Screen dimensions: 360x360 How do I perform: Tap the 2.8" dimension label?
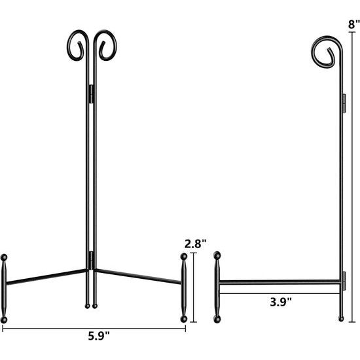[196, 243]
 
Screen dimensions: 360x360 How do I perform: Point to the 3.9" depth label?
[281, 301]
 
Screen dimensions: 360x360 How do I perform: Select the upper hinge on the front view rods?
[91, 94]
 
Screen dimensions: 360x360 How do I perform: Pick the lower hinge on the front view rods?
[91, 261]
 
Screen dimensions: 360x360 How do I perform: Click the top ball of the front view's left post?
[5, 256]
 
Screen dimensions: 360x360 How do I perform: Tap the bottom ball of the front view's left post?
[5, 319]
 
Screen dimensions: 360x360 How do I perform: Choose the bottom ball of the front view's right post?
[184, 319]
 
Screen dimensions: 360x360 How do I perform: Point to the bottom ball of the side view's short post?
[218, 319]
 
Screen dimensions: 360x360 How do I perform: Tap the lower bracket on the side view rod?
[343, 278]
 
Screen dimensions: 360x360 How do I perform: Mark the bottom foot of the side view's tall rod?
[340, 319]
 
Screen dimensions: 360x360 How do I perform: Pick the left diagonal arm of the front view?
[46, 277]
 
